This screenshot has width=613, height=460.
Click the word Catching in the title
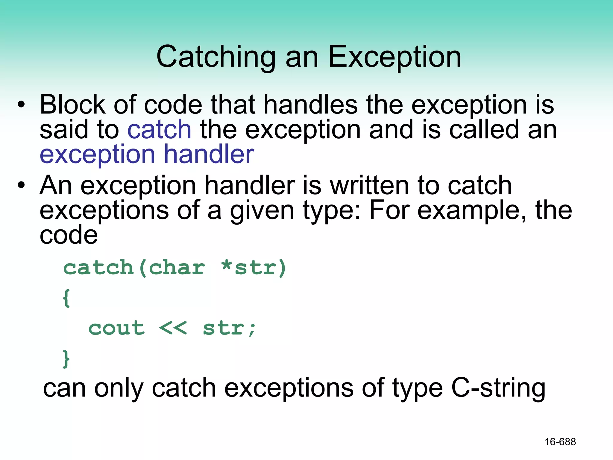pos(216,57)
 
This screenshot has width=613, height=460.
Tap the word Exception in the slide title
pos(395,57)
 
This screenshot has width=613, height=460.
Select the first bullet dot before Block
pos(21,105)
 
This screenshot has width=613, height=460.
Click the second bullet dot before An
pos(21,185)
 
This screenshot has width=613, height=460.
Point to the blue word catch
pos(159,129)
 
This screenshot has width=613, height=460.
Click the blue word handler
pos(209,154)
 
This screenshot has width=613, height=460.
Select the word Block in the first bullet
pos(72,105)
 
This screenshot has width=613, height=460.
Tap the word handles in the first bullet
pos(310,105)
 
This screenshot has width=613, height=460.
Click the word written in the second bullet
pos(369,185)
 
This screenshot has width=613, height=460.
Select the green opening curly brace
pos(66,298)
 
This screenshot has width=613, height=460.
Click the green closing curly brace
pos(66,358)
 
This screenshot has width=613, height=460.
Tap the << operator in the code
pos(173,328)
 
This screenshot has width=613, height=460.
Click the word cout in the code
pos(116,328)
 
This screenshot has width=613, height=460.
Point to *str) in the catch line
pos(254,267)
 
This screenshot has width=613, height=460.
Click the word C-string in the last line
pos(498,388)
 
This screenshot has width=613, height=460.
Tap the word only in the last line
pos(119,388)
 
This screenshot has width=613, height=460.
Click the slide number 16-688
pos(560,442)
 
